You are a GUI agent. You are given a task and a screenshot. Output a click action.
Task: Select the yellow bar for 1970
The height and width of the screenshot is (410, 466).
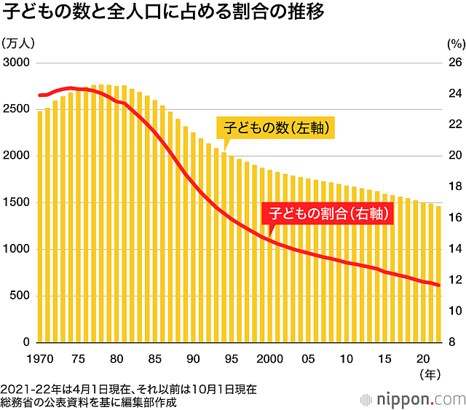[x=40, y=226]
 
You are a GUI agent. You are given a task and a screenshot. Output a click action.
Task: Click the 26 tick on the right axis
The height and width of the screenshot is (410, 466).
[x=452, y=63]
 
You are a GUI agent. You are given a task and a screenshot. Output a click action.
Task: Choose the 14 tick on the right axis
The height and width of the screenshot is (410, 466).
[x=452, y=249]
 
